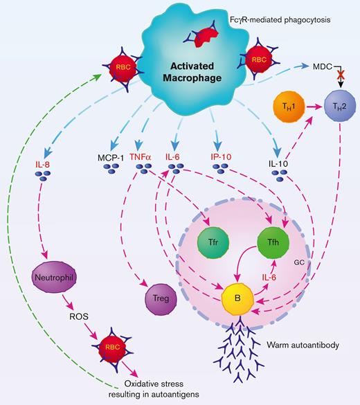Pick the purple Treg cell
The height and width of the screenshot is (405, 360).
pyautogui.click(x=159, y=298)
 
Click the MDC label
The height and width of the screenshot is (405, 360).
pyautogui.click(x=320, y=64)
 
